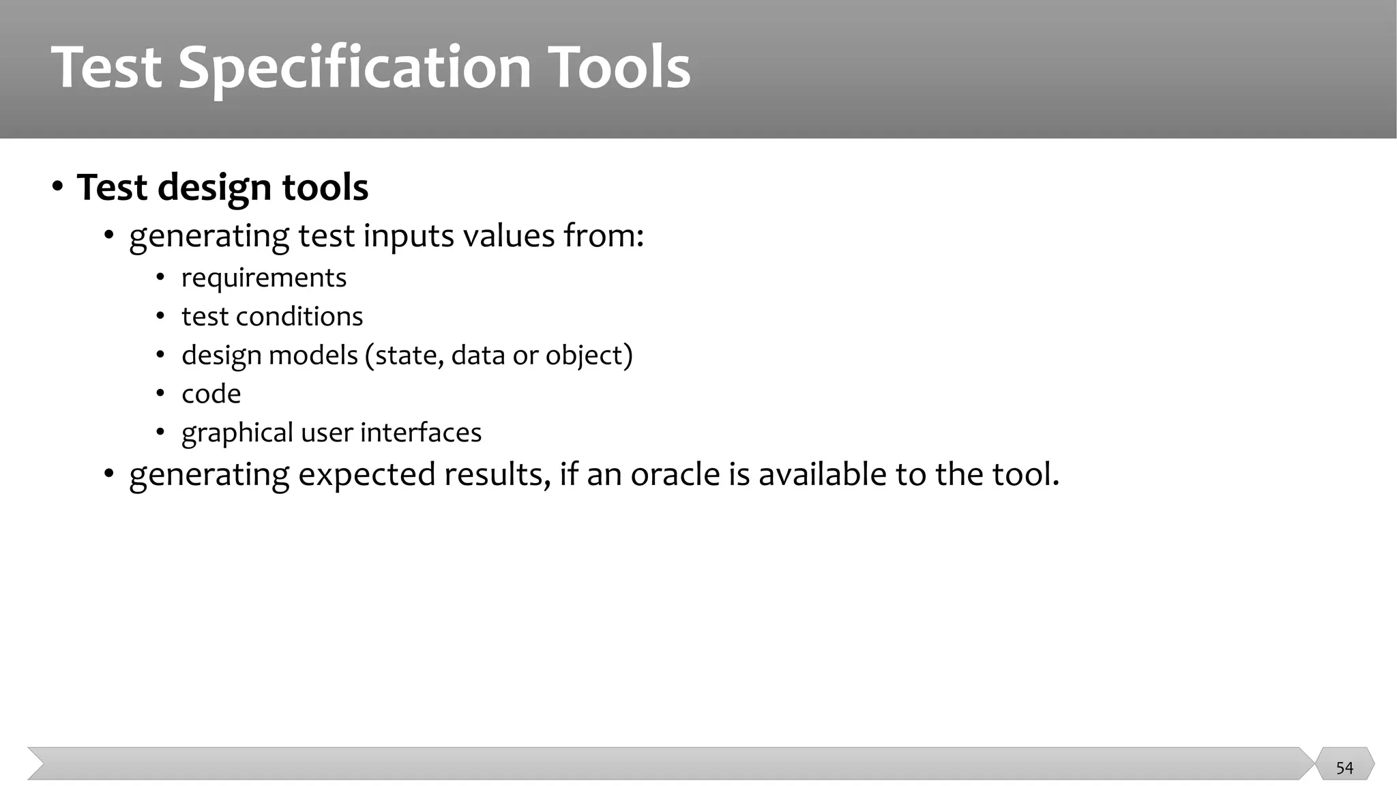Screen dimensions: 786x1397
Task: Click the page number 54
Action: pos(1344,768)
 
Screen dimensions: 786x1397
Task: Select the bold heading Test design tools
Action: pos(222,187)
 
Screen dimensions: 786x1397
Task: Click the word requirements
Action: pos(264,278)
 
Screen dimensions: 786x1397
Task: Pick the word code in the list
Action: pos(211,394)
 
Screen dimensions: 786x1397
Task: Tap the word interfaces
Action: pos(421,433)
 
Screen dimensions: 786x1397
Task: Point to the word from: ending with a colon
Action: pos(604,236)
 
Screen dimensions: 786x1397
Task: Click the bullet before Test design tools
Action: pos(58,186)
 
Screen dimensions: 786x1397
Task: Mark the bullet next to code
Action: pos(160,394)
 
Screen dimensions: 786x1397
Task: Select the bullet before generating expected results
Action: pos(109,474)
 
